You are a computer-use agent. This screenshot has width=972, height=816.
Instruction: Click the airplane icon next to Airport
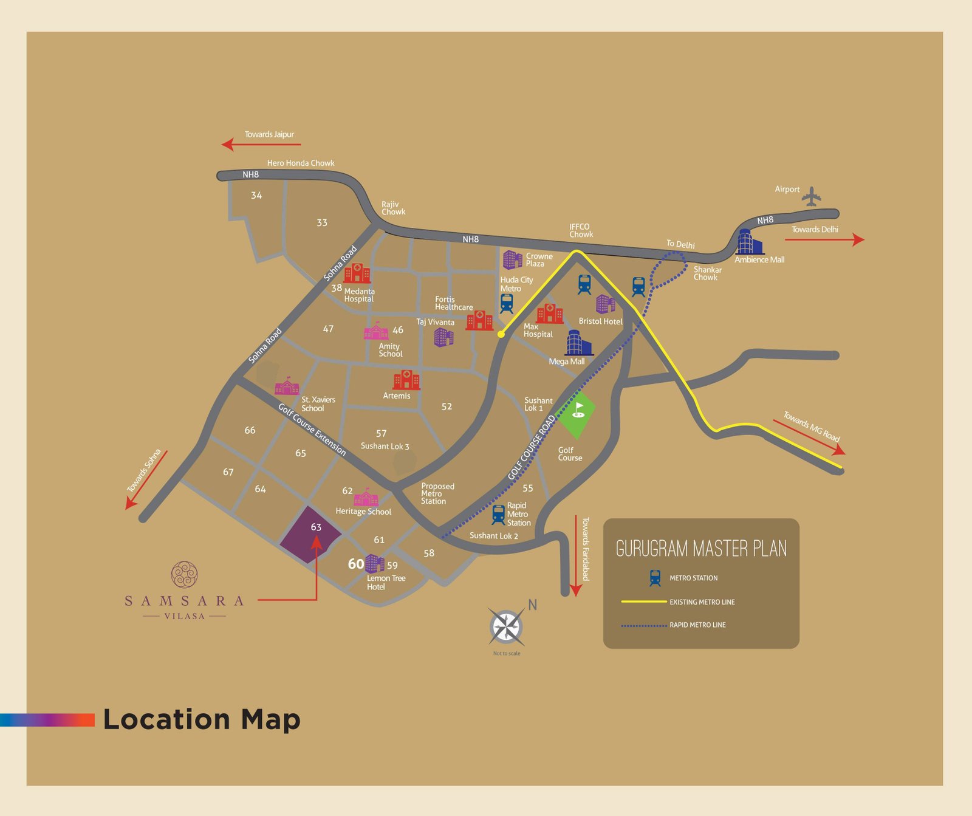pos(811,197)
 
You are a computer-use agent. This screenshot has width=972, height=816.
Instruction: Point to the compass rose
pos(507,626)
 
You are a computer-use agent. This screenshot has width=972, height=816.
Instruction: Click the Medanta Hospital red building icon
pos(357,273)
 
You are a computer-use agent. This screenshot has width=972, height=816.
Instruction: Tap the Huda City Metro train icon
pos(507,303)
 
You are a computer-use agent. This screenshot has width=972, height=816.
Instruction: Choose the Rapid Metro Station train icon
pos(498,515)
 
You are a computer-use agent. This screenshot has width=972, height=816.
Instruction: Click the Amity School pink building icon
pos(376,332)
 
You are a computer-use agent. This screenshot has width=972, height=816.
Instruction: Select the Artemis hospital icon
pos(406,380)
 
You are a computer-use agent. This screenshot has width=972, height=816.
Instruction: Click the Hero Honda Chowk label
pos(301,163)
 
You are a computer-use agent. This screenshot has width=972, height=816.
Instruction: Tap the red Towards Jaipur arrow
pos(261,145)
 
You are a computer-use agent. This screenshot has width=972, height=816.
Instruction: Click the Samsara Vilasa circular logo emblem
pos(184,575)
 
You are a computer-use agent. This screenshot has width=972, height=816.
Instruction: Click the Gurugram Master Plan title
pos(701,549)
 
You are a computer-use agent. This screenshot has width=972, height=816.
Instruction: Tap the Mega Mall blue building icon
pos(578,343)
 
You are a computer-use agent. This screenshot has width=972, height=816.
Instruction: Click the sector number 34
pos(256,196)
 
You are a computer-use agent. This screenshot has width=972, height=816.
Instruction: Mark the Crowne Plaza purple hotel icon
pos(512,259)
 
